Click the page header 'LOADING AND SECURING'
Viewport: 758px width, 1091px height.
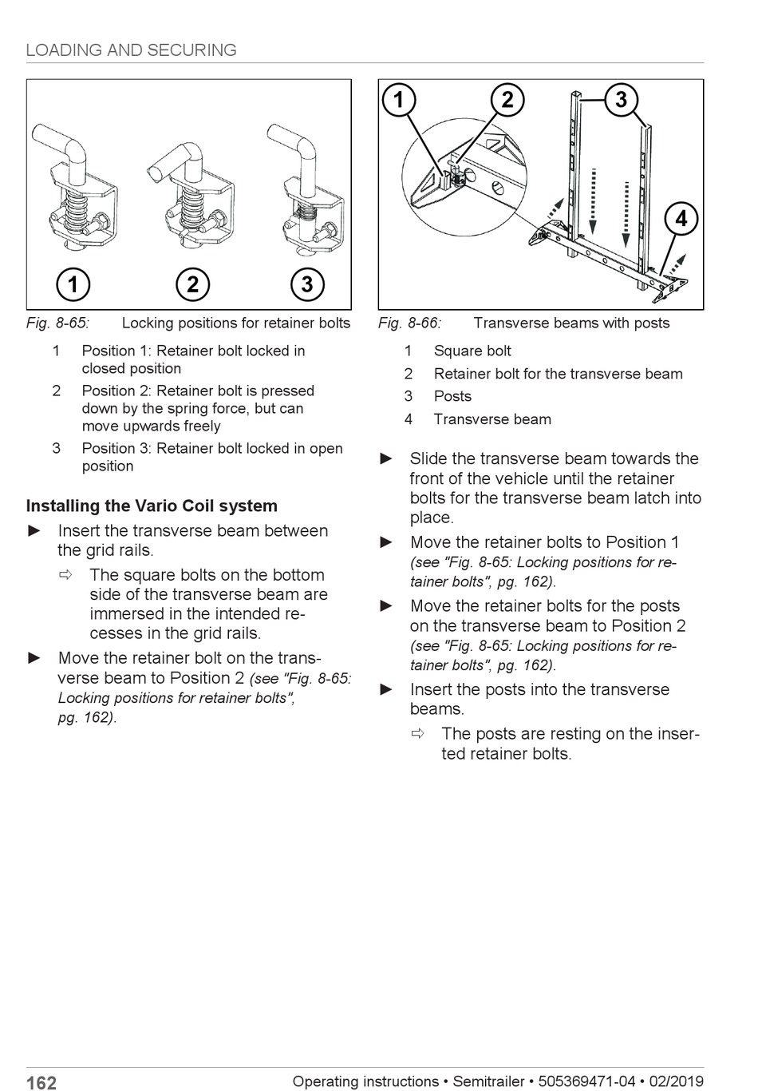click(x=131, y=50)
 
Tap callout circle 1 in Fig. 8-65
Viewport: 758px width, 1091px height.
click(x=73, y=284)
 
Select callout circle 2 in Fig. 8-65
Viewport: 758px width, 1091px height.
click(x=192, y=284)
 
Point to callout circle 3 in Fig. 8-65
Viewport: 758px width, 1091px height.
click(x=307, y=284)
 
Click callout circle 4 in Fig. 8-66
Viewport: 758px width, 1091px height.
click(x=681, y=218)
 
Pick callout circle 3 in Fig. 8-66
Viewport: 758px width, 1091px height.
click(x=621, y=100)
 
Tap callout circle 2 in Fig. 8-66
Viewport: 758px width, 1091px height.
click(x=507, y=100)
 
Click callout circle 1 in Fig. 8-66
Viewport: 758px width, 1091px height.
click(x=398, y=100)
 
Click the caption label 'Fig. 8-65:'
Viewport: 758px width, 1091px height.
click(x=57, y=323)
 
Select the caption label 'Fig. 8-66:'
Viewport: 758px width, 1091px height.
click(x=409, y=323)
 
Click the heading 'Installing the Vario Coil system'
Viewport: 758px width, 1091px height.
click(x=152, y=506)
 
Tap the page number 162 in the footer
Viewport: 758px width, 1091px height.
click(x=41, y=1082)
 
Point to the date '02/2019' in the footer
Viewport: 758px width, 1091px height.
click(x=676, y=1081)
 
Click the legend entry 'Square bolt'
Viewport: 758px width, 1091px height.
click(x=472, y=351)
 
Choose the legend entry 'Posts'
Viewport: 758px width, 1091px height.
click(x=452, y=396)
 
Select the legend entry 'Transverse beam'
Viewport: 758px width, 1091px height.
click(x=492, y=419)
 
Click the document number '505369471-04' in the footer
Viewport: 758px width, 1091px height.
click(x=586, y=1081)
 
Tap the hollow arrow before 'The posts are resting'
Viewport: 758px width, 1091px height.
click(x=417, y=733)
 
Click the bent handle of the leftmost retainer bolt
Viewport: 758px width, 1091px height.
click(x=62, y=142)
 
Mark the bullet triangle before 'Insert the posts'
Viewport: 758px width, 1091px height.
click(x=387, y=689)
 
